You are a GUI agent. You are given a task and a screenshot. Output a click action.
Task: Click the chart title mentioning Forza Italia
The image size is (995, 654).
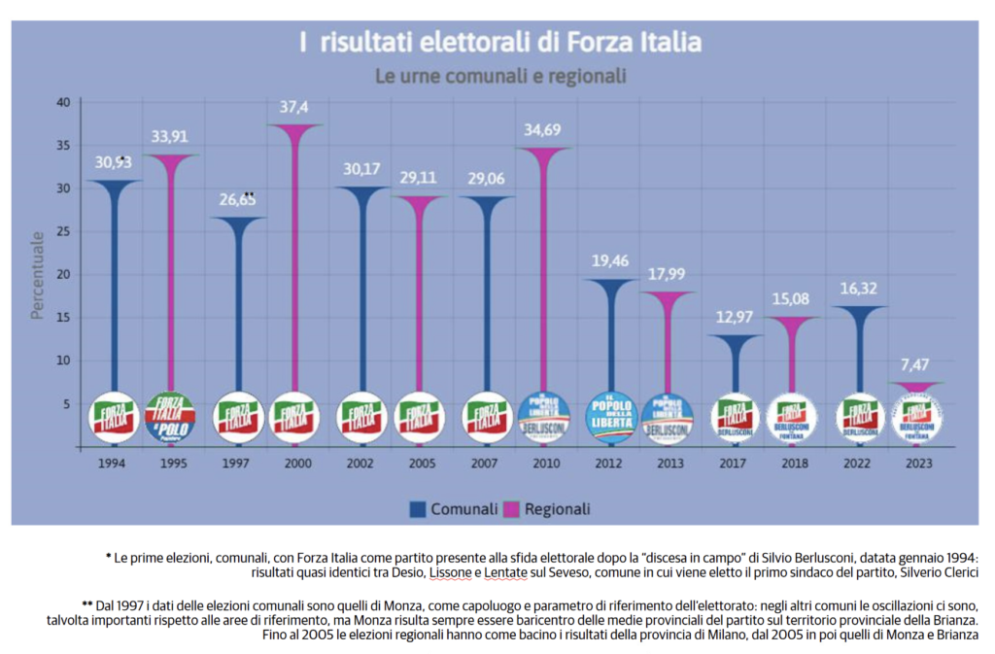click(499, 44)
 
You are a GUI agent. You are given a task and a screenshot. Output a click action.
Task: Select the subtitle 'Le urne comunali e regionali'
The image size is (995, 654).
click(499, 75)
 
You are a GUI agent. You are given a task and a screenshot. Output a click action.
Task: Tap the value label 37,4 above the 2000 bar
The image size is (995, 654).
click(293, 108)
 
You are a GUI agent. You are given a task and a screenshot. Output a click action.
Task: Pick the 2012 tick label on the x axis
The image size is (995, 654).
click(610, 464)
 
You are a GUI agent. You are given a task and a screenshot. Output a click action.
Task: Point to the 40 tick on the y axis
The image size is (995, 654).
click(63, 102)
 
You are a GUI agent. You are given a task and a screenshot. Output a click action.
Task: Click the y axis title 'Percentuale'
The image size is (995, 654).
click(37, 275)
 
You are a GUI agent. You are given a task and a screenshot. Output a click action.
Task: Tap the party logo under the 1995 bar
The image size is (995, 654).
click(169, 418)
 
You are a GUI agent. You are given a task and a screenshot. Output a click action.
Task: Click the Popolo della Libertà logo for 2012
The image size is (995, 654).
click(610, 418)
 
